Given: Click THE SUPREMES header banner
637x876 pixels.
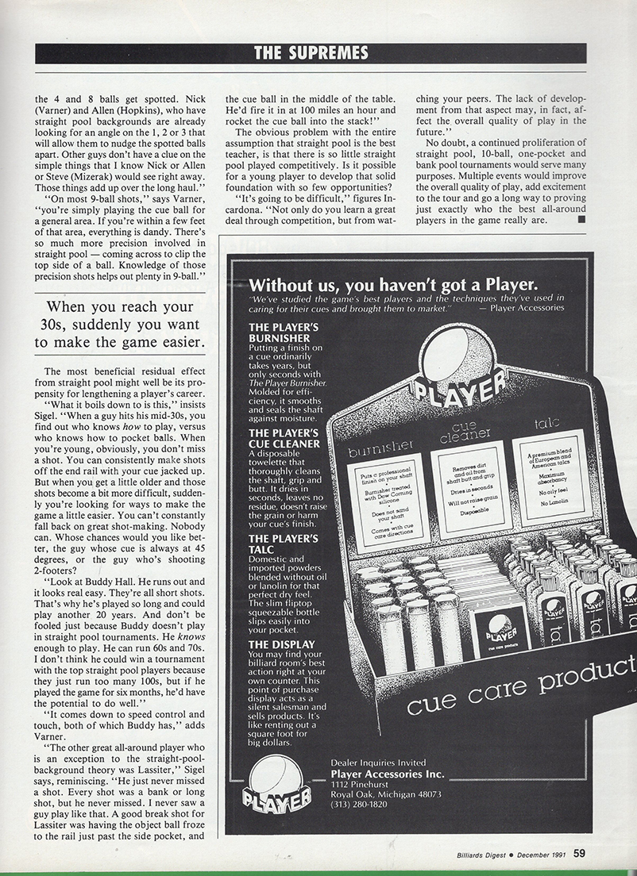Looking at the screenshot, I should coord(311,53).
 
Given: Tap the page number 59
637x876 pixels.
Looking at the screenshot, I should coord(580,853).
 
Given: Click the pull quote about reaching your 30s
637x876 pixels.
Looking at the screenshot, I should coord(120,325).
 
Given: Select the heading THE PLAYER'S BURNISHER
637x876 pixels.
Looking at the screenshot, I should coord(284,333).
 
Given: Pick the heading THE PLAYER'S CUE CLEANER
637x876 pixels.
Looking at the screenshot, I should coord(284,438).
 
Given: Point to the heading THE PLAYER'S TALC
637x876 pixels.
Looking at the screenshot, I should coord(284,544).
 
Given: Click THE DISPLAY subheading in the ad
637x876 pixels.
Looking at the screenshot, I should coord(281,644).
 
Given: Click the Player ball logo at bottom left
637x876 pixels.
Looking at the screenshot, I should coord(276,785).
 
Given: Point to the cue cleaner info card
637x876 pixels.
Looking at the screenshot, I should coord(468,482).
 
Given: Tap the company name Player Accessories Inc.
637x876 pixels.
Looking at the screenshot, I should coord(387,774).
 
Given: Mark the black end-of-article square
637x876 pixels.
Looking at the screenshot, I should coord(581,220).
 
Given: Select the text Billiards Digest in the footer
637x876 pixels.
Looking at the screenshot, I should coord(472,854).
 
